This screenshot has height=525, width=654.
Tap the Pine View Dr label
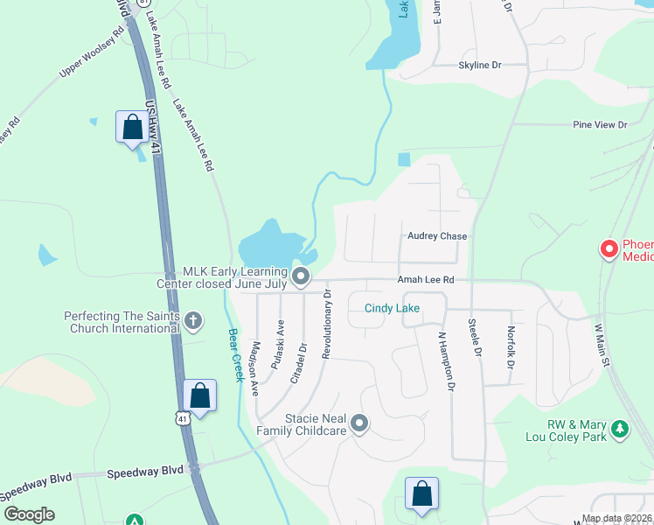pyautogui.click(x=601, y=125)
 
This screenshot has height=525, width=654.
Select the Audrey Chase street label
pyautogui.click(x=437, y=236)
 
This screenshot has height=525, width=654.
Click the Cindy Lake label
pyautogui.click(x=392, y=308)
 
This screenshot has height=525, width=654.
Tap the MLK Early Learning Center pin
pyautogui.click(x=302, y=277)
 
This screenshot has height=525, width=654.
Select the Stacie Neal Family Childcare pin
pyautogui.click(x=359, y=425)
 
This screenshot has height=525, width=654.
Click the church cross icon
pyautogui.click(x=193, y=321)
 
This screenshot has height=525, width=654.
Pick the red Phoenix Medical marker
pyautogui.click(x=609, y=249)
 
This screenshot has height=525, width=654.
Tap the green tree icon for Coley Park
pyautogui.click(x=620, y=429)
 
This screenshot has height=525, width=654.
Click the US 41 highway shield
pyautogui.click(x=182, y=418)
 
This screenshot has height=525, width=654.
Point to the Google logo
pyautogui.click(x=28, y=514)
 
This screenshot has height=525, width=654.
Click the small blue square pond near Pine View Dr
pyautogui.click(x=403, y=159)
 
